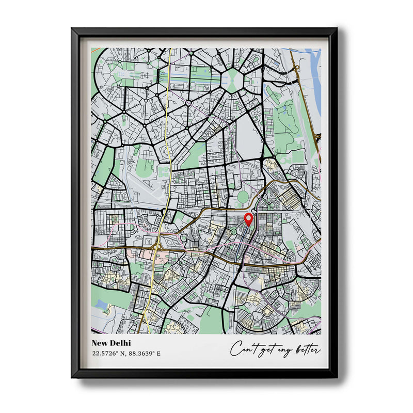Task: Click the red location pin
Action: pos(248,219)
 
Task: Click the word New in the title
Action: pos(100,343)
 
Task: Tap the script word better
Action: pos(308,350)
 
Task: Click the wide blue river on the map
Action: pos(314,77)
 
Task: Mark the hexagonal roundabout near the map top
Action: pos(233,81)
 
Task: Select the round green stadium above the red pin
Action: pos(243,197)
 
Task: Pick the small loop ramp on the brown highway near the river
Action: pos(296,67)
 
